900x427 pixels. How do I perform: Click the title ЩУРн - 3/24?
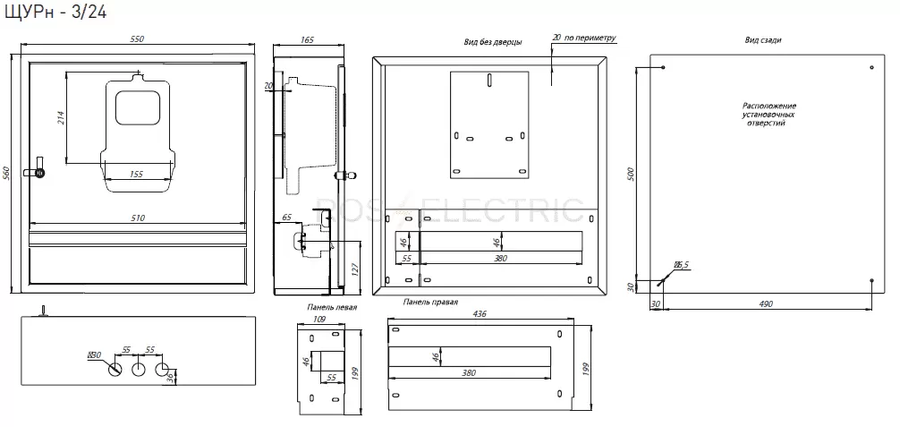pos(55,11)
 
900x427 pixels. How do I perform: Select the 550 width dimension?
pos(137,39)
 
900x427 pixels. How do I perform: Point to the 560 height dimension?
pos(7,173)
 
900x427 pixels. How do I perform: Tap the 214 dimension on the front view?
pos(61,117)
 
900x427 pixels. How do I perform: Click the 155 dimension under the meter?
pos(136,175)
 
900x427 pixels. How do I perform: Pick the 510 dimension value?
pos(138,218)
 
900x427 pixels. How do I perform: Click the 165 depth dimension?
pos(308,39)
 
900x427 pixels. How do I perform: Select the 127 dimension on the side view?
pos(355,269)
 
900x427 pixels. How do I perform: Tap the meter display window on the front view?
pos(137,107)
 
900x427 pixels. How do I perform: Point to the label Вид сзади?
pos(763,40)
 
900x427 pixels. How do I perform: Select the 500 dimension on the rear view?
pos(630,174)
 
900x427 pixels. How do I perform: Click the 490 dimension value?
pos(766,303)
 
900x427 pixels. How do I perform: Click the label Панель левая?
pos(332,307)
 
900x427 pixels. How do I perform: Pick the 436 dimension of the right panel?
pos(480,313)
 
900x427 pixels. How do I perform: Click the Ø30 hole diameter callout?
pos(94,355)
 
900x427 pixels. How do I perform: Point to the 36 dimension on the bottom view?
pos(170,377)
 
